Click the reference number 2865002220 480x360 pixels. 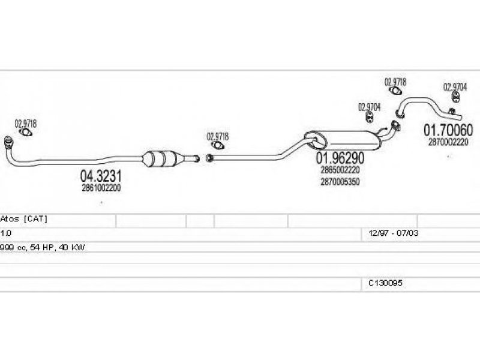tap(340, 171)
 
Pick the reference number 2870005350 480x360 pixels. tap(340, 182)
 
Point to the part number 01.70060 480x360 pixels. tap(448, 130)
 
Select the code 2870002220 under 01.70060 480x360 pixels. tap(448, 142)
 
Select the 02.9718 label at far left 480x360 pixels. tap(26, 123)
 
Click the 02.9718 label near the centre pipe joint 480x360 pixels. tap(218, 136)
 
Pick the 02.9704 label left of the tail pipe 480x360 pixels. tap(370, 107)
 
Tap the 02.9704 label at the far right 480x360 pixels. tap(455, 87)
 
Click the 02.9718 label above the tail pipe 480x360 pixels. tap(395, 80)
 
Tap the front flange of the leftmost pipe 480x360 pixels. tap(9, 142)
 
